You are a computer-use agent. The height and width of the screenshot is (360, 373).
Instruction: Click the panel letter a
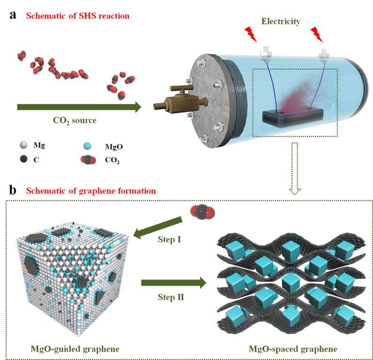point(14,15)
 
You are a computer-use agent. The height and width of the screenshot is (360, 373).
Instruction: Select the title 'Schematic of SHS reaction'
point(77,16)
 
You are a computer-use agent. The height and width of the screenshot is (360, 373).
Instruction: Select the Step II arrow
point(173,282)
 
